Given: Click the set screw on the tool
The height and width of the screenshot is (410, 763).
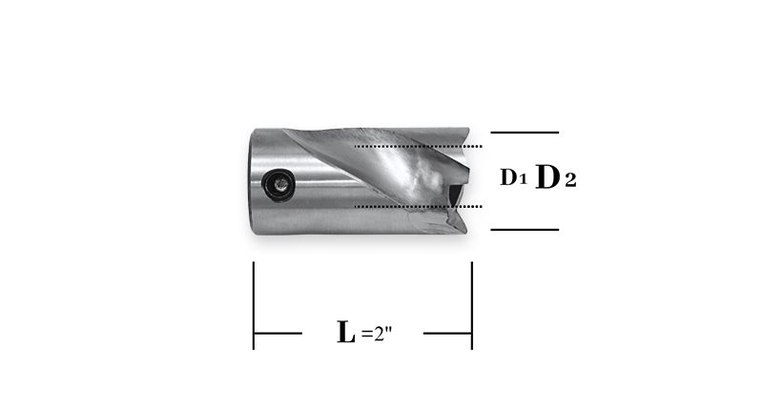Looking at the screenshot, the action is pyautogui.click(x=278, y=184).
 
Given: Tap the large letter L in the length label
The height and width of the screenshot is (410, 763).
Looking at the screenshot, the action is pyautogui.click(x=346, y=332).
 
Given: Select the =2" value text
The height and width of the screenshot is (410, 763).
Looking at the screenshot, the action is pyautogui.click(x=377, y=334).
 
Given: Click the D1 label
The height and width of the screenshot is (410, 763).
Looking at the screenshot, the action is pyautogui.click(x=513, y=177).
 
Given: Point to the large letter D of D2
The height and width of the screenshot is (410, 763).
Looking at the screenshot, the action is pyautogui.click(x=547, y=176).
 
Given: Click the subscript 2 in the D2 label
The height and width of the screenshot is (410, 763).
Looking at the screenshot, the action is pyautogui.click(x=570, y=180).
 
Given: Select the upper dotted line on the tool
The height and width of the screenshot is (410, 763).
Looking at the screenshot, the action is pyautogui.click(x=418, y=146).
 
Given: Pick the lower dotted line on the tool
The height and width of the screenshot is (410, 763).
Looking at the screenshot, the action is pyautogui.click(x=418, y=206).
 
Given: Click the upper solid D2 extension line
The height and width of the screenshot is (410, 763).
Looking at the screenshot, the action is pyautogui.click(x=525, y=133).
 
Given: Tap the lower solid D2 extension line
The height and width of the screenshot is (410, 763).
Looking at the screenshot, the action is pyautogui.click(x=525, y=230).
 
